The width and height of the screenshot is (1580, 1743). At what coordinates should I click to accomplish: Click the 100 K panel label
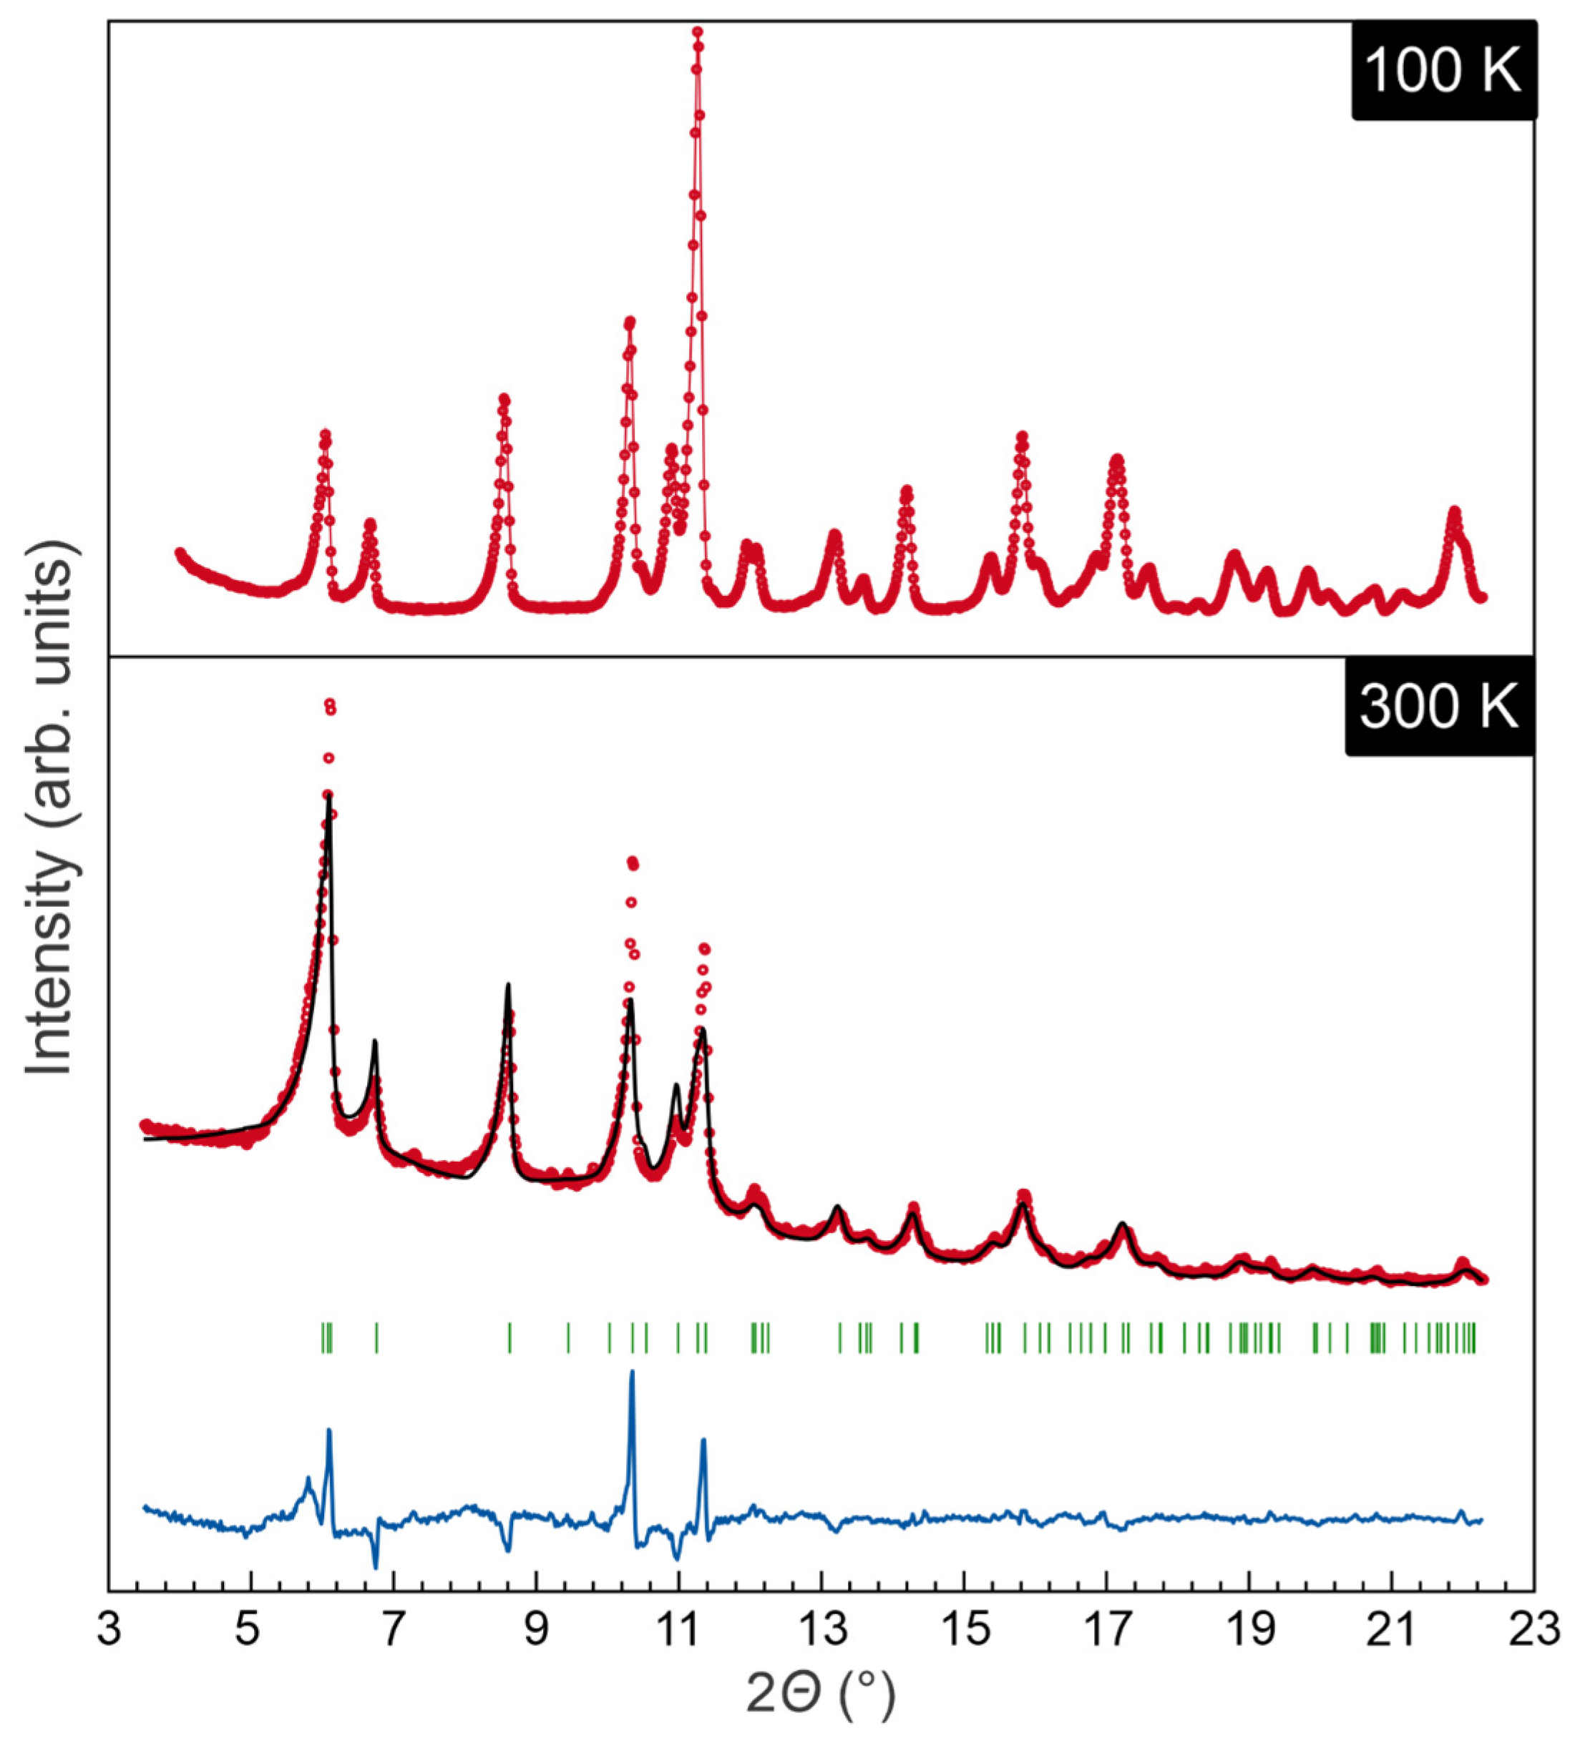1443,71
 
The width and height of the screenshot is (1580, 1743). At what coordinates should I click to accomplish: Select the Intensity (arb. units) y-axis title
49,808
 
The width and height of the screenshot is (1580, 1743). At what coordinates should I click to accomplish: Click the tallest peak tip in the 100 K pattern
697,33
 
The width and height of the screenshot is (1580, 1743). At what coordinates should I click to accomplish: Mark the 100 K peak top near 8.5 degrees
503,398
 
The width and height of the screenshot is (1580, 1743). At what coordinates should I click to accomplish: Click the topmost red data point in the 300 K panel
328,703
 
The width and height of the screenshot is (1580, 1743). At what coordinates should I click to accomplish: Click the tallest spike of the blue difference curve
631,1371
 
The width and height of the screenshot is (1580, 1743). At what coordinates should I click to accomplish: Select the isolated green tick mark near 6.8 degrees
376,1338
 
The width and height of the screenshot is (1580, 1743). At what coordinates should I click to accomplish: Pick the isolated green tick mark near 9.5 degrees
568,1338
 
